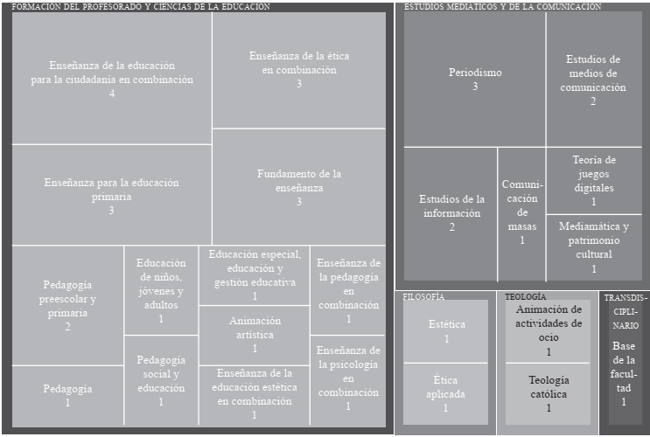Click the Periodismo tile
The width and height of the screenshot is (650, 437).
474,79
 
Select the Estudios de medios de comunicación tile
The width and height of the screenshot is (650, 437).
593,79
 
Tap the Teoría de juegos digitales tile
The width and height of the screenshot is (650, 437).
593,180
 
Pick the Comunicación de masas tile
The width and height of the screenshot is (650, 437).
521,212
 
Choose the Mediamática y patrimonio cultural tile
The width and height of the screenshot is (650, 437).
593,247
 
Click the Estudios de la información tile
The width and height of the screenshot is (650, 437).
451,212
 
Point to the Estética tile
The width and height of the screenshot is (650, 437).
445,331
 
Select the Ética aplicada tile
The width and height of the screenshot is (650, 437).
445,393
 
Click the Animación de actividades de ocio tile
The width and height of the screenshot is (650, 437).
549,330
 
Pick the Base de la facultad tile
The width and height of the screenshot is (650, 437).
624,371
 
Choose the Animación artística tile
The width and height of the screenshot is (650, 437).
255,334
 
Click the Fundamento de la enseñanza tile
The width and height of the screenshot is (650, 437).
298,187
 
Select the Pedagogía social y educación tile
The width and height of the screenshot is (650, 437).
161,380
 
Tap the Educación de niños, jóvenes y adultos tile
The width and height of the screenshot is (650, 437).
161,290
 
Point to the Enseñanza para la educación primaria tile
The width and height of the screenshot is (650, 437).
111,196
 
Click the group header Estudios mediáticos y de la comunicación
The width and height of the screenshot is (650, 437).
502,7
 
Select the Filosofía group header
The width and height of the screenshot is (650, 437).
424,297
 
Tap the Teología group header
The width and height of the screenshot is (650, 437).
526,297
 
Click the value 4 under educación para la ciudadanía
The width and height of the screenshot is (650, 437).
111,94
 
